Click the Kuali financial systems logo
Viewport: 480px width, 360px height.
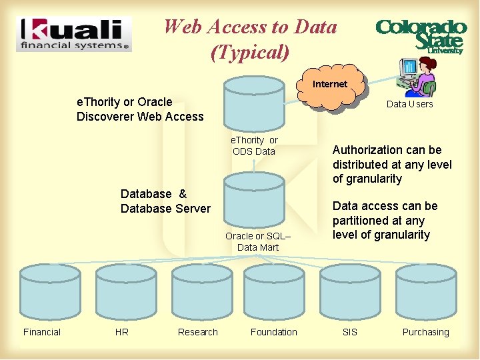(74, 34)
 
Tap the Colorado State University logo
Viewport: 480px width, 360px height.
(420, 35)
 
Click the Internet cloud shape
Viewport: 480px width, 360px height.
(330, 85)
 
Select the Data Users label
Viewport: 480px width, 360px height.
(409, 104)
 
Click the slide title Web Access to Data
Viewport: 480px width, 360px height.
(250, 39)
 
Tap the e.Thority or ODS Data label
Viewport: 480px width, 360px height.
(254, 145)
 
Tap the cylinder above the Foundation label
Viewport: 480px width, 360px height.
(274, 293)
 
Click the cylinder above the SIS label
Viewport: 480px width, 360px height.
(350, 293)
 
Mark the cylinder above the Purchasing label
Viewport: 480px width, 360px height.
(426, 293)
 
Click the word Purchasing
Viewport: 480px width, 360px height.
(425, 332)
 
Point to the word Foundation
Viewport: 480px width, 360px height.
(274, 332)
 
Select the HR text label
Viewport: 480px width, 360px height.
(122, 332)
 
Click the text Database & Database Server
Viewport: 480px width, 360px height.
(165, 201)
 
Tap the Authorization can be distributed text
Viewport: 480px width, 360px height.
(392, 164)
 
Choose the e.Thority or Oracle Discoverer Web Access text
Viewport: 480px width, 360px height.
(140, 109)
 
